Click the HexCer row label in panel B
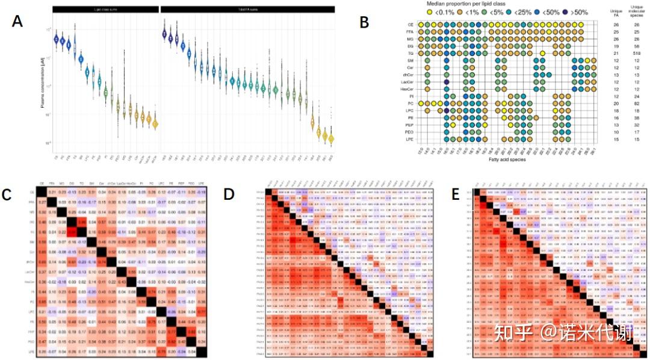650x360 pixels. pyautogui.click(x=407, y=88)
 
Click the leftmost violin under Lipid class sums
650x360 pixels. pyautogui.click(x=57, y=39)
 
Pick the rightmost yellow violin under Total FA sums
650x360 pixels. pyautogui.click(x=331, y=138)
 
